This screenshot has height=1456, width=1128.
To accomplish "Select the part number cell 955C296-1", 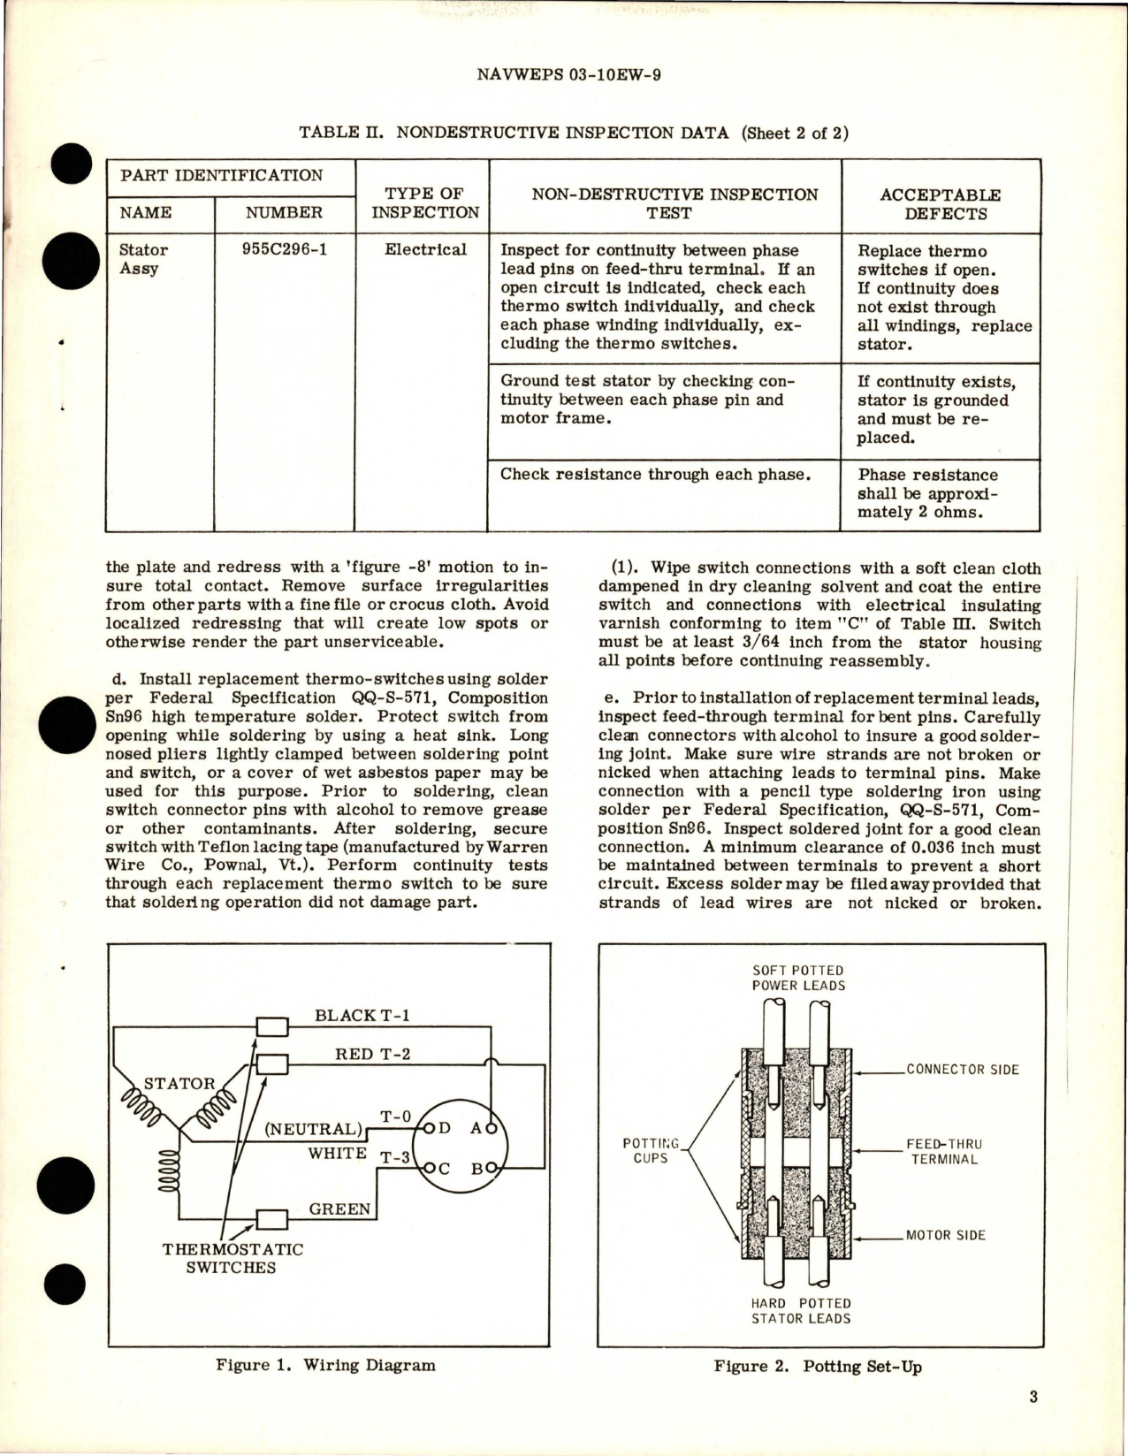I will point(285,249).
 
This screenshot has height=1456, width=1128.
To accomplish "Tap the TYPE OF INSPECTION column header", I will point(424,202).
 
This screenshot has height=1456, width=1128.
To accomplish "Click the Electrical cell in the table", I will point(425,249).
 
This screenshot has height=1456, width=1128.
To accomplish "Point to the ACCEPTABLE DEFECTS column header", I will point(940,203).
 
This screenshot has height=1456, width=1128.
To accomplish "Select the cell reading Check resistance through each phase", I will point(655,474).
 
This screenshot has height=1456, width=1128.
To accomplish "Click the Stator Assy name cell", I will point(142,258).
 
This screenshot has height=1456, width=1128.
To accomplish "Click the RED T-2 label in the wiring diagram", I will point(373,1054).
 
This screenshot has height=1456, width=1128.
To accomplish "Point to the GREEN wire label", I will point(340,1208).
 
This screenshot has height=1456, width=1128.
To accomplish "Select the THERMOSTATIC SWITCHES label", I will point(232,1258).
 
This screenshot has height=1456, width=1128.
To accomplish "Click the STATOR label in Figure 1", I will point(179,1083).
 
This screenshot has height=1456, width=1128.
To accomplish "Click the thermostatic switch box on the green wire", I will point(271,1220).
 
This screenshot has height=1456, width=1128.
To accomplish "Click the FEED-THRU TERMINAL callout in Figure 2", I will point(945,1151).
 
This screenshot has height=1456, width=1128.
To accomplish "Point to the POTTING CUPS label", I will point(651,1150).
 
